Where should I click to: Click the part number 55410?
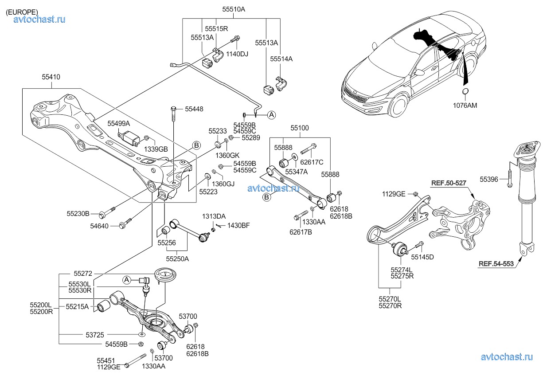pos(51,77)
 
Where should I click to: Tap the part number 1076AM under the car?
pos(466,106)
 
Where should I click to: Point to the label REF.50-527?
pos(449,183)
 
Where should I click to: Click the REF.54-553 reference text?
pos(496,264)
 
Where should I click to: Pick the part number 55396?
pos(490,180)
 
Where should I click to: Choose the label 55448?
pos(194,109)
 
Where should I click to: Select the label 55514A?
pos(282,59)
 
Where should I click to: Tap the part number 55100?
pos(300,128)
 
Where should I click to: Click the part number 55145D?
pos(422,257)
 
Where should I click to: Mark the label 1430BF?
pos(239,226)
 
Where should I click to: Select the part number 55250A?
pos(177,258)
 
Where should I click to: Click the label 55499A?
pos(118,123)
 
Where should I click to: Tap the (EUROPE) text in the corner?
pos(22,12)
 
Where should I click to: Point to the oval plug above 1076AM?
pos(465,92)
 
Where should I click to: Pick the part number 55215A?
pos(77,306)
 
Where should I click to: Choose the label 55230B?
pos(78,214)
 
